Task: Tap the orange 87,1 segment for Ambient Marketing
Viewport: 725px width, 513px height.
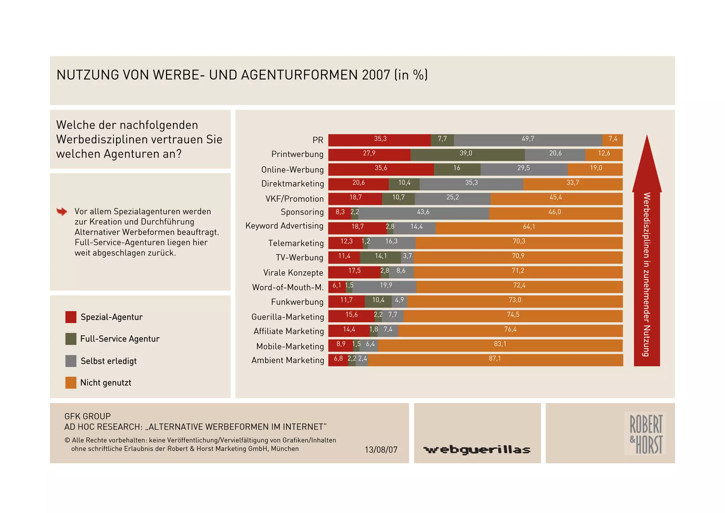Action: [495, 360]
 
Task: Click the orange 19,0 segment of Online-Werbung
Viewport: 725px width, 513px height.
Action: [595, 169]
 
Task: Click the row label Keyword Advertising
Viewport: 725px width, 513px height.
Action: [284, 226]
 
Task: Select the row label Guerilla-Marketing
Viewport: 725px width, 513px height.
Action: [287, 317]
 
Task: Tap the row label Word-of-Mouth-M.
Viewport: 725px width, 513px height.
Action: [288, 287]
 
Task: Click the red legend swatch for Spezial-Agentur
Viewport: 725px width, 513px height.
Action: [71, 317]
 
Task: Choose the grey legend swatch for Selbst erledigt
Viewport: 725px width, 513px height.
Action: [71, 361]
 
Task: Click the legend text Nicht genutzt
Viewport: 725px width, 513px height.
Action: [105, 383]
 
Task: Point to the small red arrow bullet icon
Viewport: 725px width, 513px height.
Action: [62, 212]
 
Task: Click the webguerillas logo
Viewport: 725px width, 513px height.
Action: [477, 450]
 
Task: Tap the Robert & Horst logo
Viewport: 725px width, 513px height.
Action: [645, 434]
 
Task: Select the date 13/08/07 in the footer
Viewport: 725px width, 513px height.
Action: [381, 450]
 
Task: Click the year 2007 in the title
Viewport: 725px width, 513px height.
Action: [376, 75]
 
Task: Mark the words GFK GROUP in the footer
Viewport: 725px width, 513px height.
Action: [87, 416]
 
